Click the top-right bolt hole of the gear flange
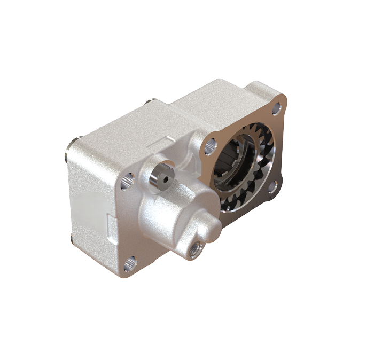[276, 110]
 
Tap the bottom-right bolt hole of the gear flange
[271, 185]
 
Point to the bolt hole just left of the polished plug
[127, 181]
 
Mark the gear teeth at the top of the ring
[256, 131]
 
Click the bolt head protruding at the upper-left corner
[71, 143]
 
